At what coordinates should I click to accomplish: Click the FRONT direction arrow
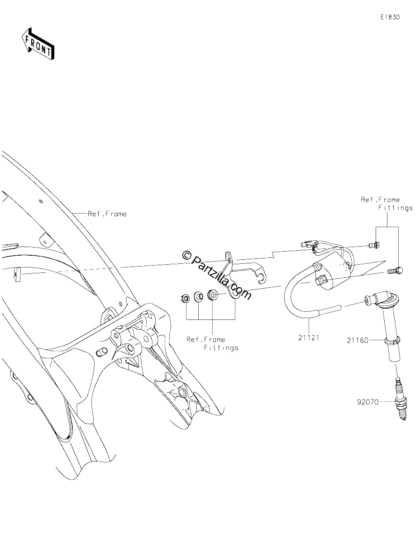pyautogui.click(x=38, y=43)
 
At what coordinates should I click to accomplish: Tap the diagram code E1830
pyautogui.click(x=390, y=17)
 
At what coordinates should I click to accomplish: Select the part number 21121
pyautogui.click(x=309, y=338)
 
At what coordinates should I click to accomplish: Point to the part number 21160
pyautogui.click(x=358, y=340)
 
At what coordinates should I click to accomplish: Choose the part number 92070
pyautogui.click(x=368, y=410)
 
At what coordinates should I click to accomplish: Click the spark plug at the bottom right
pyautogui.click(x=401, y=405)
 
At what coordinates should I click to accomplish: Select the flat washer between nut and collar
pyautogui.click(x=199, y=296)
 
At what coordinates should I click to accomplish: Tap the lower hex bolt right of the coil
pyautogui.click(x=395, y=271)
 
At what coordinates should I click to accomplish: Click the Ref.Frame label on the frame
pyautogui.click(x=107, y=214)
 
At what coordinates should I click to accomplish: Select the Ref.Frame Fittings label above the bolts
pyautogui.click(x=387, y=204)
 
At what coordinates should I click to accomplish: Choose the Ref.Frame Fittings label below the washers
pyautogui.click(x=212, y=343)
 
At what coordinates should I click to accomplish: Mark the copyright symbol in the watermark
pyautogui.click(x=186, y=255)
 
